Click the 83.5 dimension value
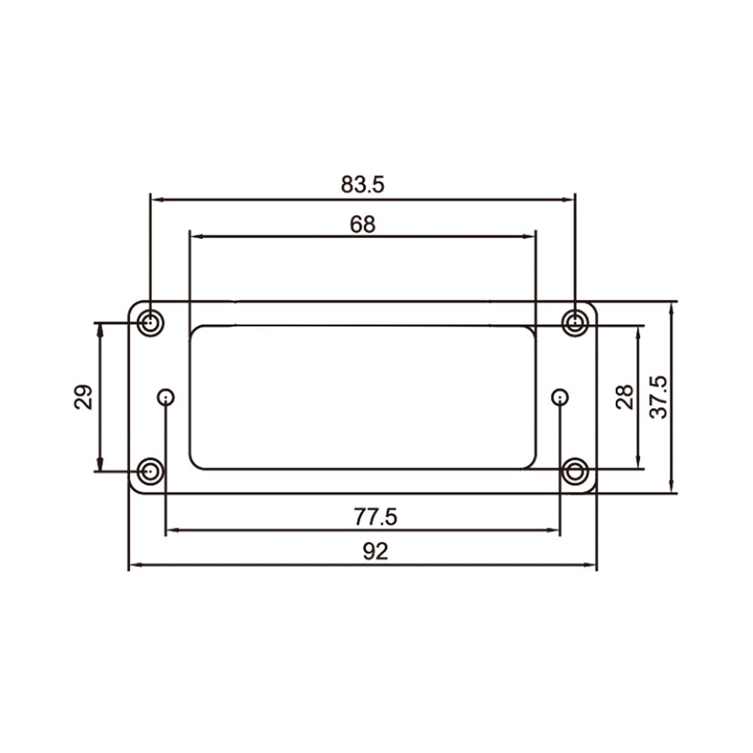[x=363, y=184]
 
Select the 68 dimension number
[x=363, y=224]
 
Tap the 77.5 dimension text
[x=376, y=517]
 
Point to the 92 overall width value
[x=375, y=551]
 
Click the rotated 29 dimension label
[x=84, y=397]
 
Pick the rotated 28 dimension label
[x=624, y=397]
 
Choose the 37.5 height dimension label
[x=658, y=397]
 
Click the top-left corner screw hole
[x=151, y=323]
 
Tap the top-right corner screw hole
[x=575, y=323]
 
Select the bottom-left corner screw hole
[x=151, y=471]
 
